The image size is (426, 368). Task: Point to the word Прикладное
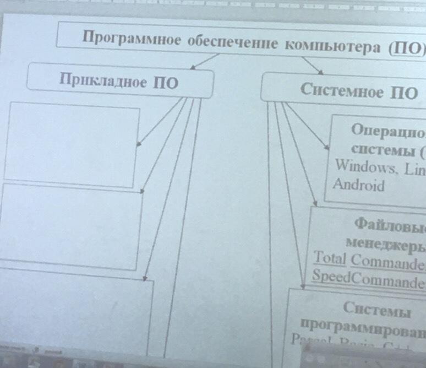click(102, 80)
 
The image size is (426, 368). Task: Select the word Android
click(358, 185)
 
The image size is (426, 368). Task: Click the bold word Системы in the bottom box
click(376, 308)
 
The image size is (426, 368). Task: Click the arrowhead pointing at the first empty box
click(138, 144)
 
